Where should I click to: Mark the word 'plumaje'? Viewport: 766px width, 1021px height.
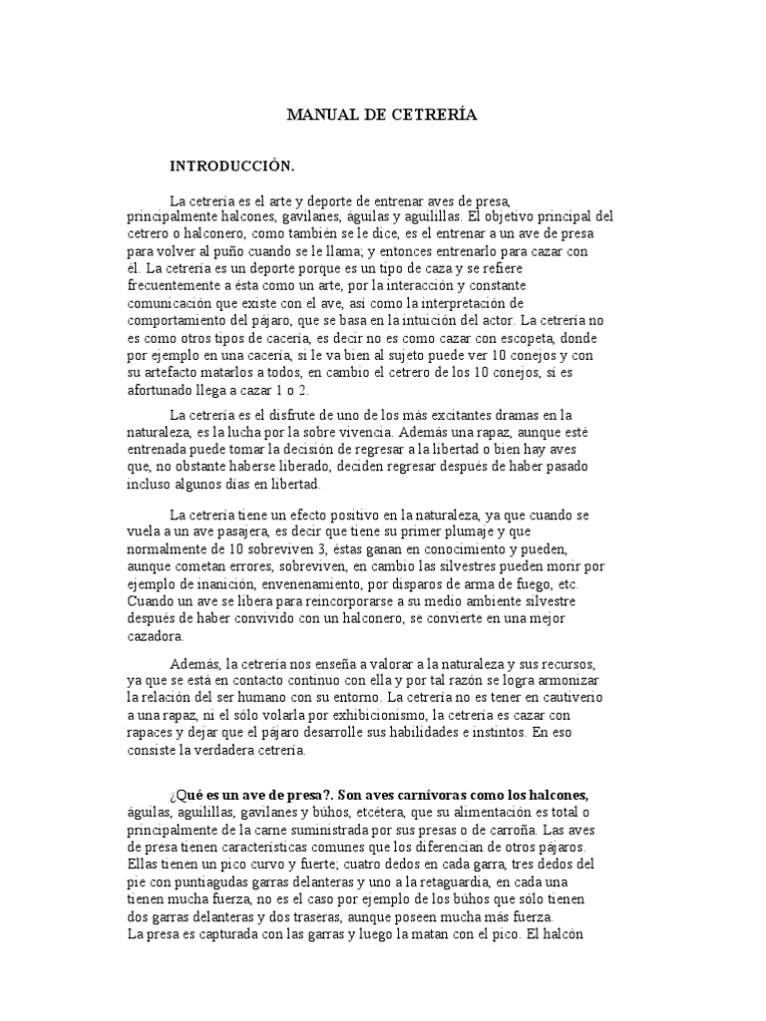click(493, 531)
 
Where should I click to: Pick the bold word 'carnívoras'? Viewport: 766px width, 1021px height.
click(437, 795)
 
